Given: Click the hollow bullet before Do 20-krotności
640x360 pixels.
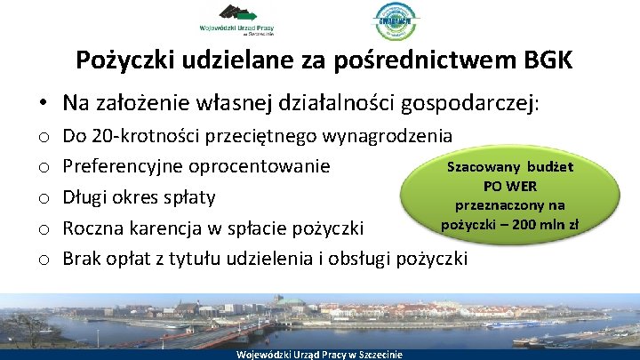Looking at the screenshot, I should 43,138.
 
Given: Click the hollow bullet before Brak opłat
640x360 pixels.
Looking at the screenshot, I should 43,260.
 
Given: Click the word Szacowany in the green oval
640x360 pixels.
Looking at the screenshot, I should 494,167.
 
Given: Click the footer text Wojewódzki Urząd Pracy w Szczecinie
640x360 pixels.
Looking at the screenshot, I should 319,355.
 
